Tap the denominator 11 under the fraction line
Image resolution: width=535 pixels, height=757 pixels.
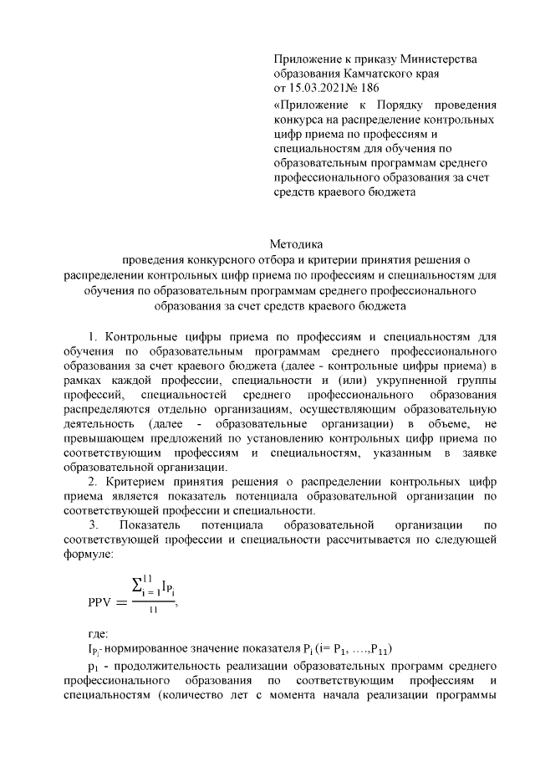153,611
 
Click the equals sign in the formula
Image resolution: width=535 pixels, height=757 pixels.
124,601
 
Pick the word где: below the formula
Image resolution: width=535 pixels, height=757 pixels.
99,633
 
